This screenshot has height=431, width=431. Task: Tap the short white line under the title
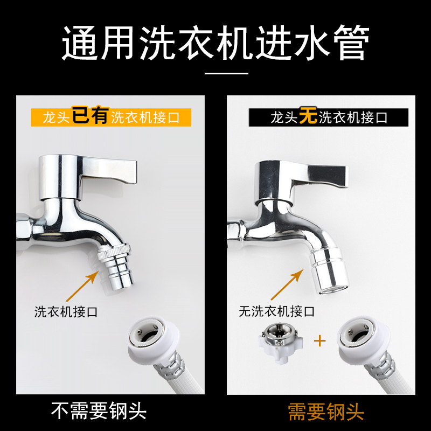(226, 73)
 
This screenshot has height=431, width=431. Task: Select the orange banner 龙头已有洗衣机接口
(111, 117)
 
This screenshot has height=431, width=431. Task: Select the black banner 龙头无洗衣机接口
(329, 117)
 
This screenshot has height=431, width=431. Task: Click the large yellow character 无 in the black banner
(308, 116)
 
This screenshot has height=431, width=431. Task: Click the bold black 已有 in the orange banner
(91, 115)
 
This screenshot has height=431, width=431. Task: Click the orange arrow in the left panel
(82, 286)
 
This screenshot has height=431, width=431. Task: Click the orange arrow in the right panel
(287, 284)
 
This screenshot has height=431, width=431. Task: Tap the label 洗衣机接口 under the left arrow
(66, 312)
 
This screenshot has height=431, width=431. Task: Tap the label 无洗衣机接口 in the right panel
(276, 311)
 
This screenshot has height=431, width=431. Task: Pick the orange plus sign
(319, 341)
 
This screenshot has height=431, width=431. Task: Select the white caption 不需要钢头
(99, 411)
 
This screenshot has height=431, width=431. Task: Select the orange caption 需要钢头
(326, 412)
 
